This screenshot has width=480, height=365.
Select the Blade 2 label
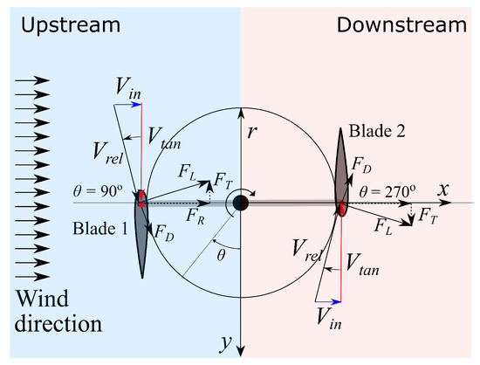[x=375, y=132]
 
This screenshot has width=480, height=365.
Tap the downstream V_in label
[x=328, y=313]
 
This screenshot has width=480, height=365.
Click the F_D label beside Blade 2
[x=361, y=164]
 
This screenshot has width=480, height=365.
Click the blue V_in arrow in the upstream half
[x=127, y=104]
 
